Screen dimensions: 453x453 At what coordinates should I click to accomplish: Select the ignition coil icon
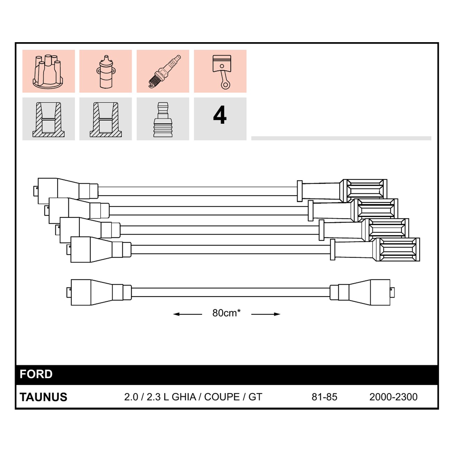coord(106,71)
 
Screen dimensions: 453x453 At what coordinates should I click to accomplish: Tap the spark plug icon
coord(164,71)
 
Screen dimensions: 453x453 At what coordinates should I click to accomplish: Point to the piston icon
coord(221,72)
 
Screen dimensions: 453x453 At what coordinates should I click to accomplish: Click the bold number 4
coord(220,115)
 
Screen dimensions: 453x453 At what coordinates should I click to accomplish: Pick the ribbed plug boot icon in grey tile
coord(163,120)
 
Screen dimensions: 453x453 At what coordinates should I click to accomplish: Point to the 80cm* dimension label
coord(227,313)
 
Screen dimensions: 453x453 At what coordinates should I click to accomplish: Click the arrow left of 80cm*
coord(187,314)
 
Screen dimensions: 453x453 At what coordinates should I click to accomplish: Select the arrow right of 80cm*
coord(266,314)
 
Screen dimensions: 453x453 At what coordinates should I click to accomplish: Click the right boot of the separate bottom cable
coord(362,292)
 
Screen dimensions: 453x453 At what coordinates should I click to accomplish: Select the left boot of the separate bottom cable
coord(99,292)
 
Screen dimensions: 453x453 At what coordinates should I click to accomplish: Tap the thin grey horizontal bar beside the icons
coord(341,138)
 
